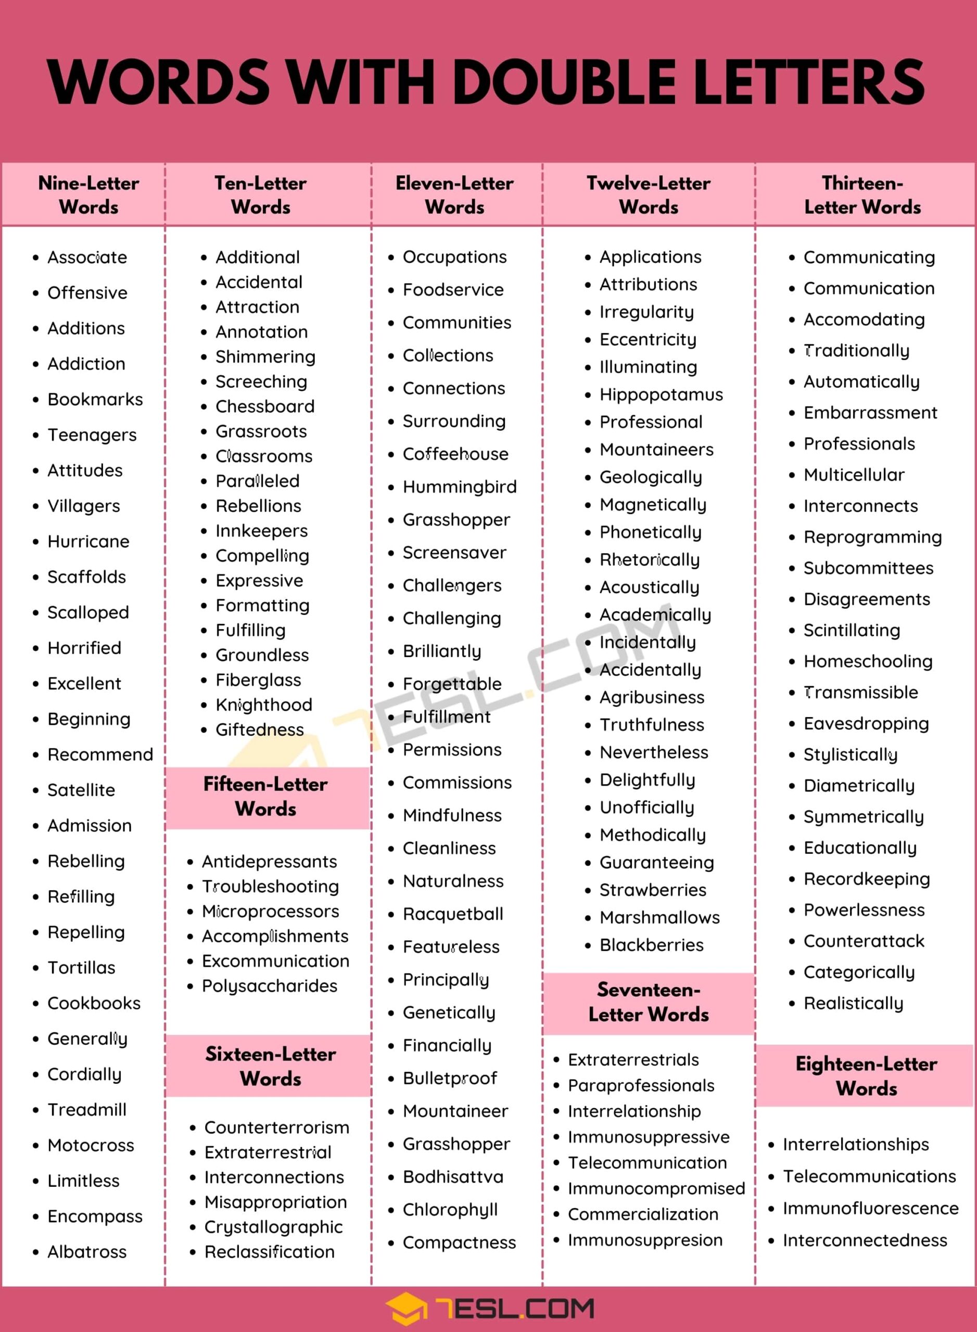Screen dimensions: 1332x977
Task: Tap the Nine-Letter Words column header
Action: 88,195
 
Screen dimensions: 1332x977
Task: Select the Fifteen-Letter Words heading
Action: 265,797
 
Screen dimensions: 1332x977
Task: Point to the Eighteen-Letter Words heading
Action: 867,1076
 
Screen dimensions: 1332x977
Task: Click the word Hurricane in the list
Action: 88,542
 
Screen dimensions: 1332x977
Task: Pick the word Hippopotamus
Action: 661,395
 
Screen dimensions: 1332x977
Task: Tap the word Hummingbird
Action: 460,487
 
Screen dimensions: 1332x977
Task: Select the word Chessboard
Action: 265,407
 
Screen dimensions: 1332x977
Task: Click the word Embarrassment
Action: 870,413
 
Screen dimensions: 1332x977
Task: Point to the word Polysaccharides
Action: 270,986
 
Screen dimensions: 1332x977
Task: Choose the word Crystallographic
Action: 273,1227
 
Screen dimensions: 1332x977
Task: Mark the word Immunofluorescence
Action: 870,1209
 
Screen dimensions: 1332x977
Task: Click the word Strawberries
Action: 652,890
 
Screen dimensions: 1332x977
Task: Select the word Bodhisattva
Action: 453,1176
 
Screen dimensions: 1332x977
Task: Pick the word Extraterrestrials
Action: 633,1059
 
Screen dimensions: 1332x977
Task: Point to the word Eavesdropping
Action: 866,724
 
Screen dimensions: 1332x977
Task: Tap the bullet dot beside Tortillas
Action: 36,968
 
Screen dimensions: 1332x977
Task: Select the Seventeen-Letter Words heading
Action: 649,1002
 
